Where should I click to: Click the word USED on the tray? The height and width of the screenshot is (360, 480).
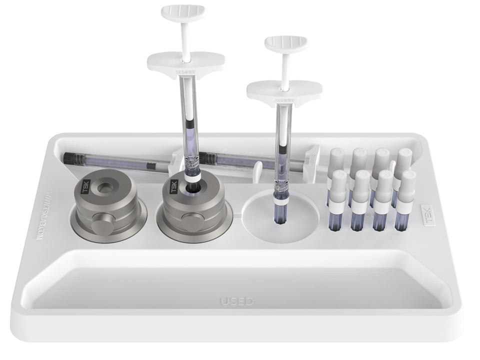[x=237, y=301]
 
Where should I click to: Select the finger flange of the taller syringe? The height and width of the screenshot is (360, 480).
[x=186, y=62]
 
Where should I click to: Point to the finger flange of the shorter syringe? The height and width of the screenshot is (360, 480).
[x=285, y=92]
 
